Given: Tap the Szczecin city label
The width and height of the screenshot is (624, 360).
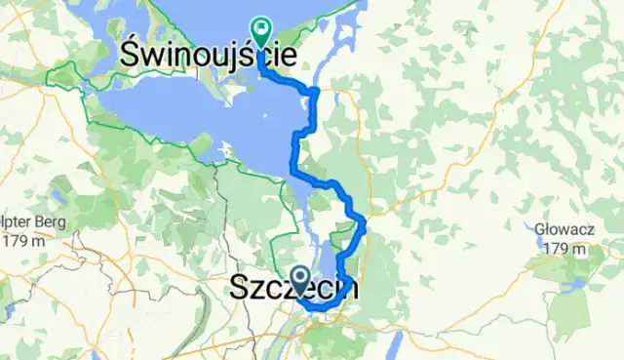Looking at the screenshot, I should [x=292, y=290].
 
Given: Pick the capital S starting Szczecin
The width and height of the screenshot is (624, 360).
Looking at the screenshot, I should [x=238, y=290].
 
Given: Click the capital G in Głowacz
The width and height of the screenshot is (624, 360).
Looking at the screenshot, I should [x=540, y=231].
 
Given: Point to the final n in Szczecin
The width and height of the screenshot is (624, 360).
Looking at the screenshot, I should [x=348, y=290].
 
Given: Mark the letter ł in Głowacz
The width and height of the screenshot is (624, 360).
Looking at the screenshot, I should [x=548, y=231].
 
